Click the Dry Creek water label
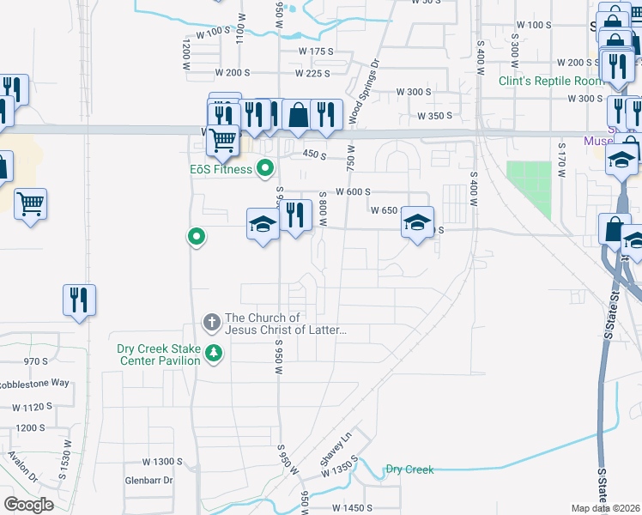(x=409, y=470)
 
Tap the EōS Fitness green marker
(x=266, y=167)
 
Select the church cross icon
(x=212, y=324)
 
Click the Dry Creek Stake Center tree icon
(x=213, y=353)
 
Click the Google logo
(x=28, y=504)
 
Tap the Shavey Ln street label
(x=336, y=450)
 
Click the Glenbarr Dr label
(x=149, y=481)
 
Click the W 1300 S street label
(x=163, y=462)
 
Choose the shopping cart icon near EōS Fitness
(x=222, y=139)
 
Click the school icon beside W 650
(x=417, y=223)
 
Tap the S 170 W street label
(x=562, y=160)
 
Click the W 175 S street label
(x=315, y=52)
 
